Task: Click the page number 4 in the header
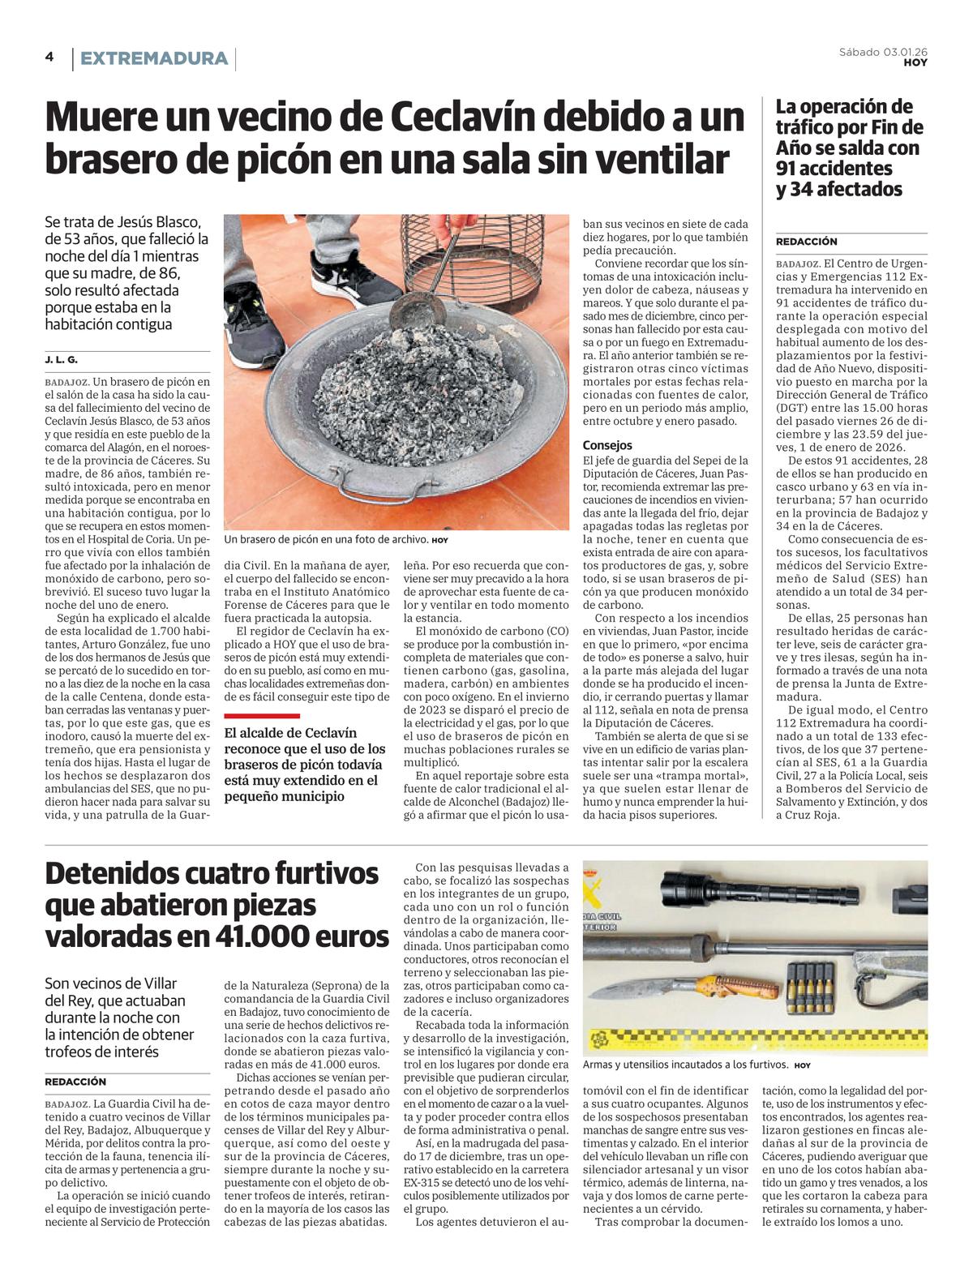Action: [x=49, y=58]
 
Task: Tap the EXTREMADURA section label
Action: [x=154, y=58]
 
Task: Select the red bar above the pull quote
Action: [x=261, y=716]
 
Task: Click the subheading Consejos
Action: [x=607, y=445]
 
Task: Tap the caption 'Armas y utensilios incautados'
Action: [x=685, y=1065]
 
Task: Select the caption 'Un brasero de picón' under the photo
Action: [x=326, y=539]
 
